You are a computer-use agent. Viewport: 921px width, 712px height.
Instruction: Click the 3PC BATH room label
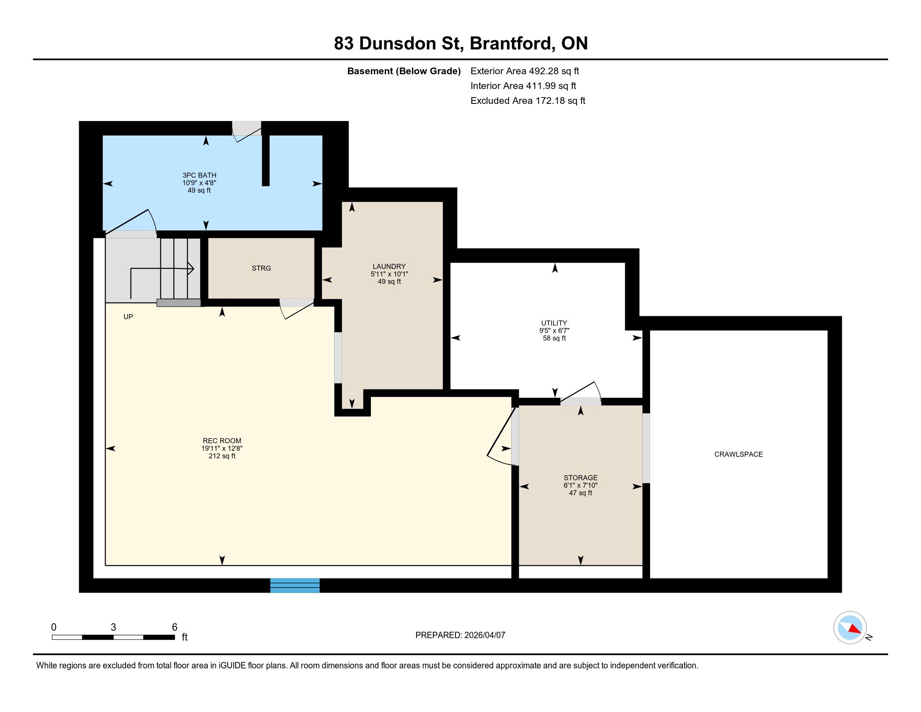click(199, 175)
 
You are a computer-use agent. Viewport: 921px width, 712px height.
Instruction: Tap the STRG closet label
click(262, 268)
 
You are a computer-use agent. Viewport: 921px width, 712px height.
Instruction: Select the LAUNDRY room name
click(389, 266)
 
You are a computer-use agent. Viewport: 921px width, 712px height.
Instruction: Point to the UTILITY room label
click(554, 323)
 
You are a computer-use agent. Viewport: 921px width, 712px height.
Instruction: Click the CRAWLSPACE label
click(738, 454)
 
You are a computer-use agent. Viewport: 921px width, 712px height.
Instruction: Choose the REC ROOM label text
click(222, 441)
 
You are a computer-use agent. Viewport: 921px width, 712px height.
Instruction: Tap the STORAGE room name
click(580, 478)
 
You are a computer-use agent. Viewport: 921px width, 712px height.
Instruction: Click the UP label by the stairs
click(128, 317)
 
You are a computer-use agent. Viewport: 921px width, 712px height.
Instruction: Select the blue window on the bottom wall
click(295, 586)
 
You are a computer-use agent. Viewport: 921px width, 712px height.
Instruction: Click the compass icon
click(850, 628)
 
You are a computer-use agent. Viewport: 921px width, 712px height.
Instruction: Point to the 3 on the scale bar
click(113, 627)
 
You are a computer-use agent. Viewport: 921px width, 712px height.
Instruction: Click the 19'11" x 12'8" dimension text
click(222, 449)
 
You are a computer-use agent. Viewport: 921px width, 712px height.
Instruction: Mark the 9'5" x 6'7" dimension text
click(554, 331)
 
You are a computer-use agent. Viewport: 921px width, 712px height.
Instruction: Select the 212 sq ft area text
click(222, 456)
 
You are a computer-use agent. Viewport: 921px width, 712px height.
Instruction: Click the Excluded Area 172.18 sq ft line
click(528, 101)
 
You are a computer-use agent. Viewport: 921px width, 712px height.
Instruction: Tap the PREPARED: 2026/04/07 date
click(460, 635)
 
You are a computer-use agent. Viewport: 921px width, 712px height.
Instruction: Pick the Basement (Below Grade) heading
click(404, 71)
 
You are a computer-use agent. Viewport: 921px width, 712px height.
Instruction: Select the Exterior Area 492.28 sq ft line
click(525, 71)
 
